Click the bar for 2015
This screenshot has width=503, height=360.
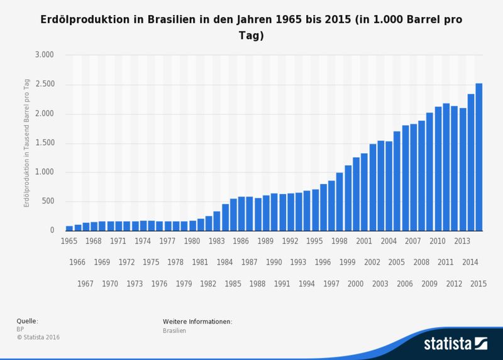tap(479, 157)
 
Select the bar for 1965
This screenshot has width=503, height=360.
tap(69, 228)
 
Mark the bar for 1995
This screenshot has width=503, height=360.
tap(315, 210)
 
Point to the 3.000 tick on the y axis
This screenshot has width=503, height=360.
tap(46, 55)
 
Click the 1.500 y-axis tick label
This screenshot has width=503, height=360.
tap(46, 143)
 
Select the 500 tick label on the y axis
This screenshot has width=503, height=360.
tap(50, 202)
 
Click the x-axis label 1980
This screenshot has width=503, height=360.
tap(192, 241)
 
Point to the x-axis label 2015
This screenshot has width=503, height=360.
tap(478, 283)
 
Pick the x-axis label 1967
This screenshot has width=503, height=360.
tap(86, 283)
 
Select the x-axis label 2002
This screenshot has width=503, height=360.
tap(372, 262)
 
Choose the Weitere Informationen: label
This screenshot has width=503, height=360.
tap(197, 321)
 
